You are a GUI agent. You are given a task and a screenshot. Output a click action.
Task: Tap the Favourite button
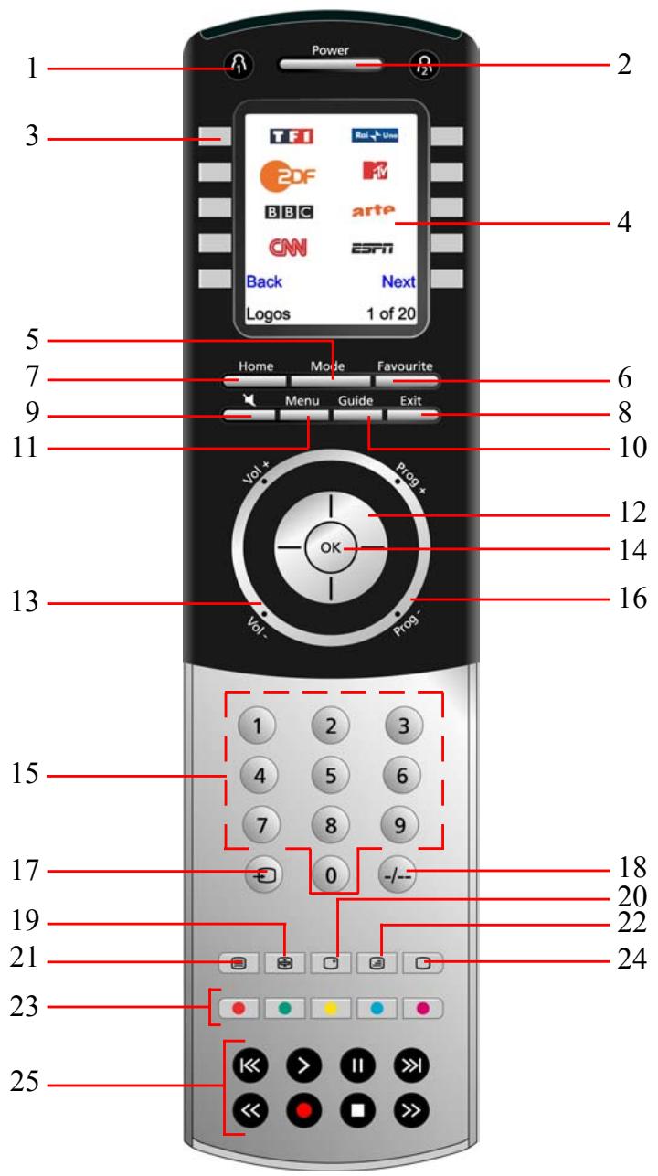405,379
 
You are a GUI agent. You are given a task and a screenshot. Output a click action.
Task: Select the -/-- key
401,874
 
